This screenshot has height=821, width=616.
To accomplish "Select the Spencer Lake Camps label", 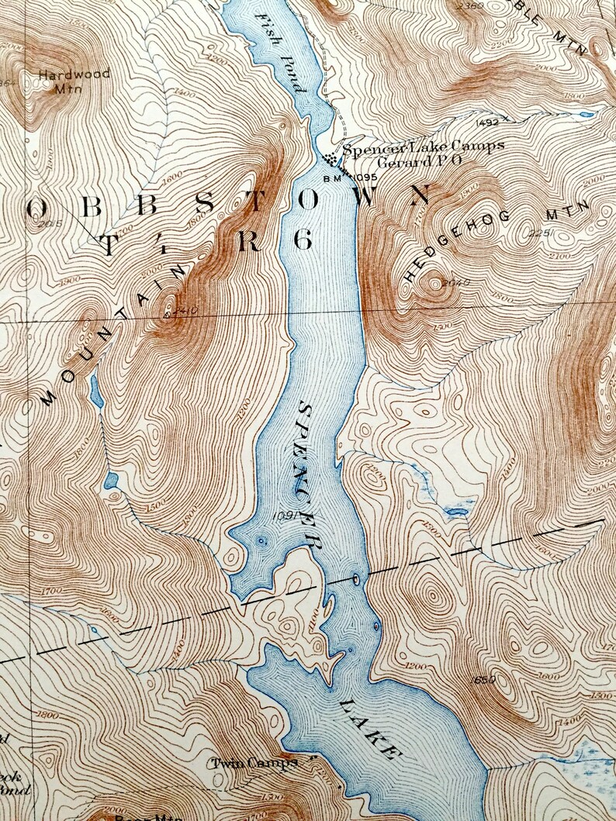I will [424, 146].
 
